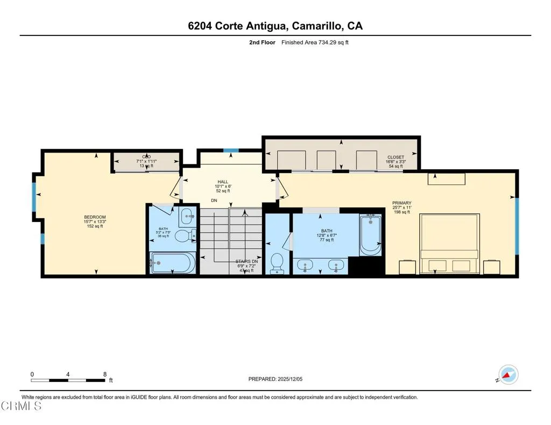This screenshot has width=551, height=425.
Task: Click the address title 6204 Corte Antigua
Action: point(275,26)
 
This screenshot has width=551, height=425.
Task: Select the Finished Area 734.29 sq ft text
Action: point(315,42)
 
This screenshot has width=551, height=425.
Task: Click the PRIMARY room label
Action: point(402,203)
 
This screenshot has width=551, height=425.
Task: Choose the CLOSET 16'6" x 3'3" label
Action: point(395,157)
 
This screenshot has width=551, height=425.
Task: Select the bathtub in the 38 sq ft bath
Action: point(173,263)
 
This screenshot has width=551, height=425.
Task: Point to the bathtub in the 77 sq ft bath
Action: point(370,234)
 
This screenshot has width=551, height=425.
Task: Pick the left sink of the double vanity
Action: point(306,265)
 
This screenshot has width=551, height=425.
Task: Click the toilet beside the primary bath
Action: point(277,263)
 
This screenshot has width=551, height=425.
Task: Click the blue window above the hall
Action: point(231,150)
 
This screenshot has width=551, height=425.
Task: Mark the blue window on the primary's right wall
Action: point(517,226)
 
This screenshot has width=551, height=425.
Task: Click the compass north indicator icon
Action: point(508,374)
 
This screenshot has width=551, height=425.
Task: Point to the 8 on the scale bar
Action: point(105,374)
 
